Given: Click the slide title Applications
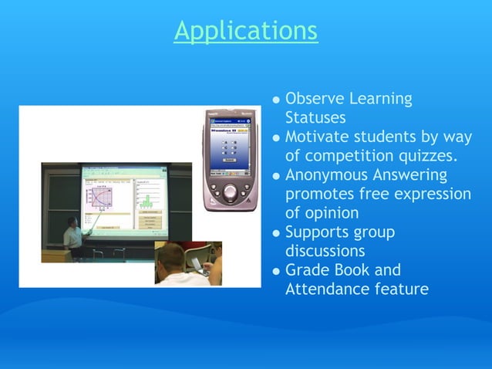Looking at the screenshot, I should point(245,30).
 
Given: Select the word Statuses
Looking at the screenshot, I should point(315,119).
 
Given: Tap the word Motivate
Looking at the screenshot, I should point(317,137).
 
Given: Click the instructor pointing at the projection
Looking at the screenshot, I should point(72,235).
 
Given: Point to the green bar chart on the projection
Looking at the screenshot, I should point(144,201).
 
